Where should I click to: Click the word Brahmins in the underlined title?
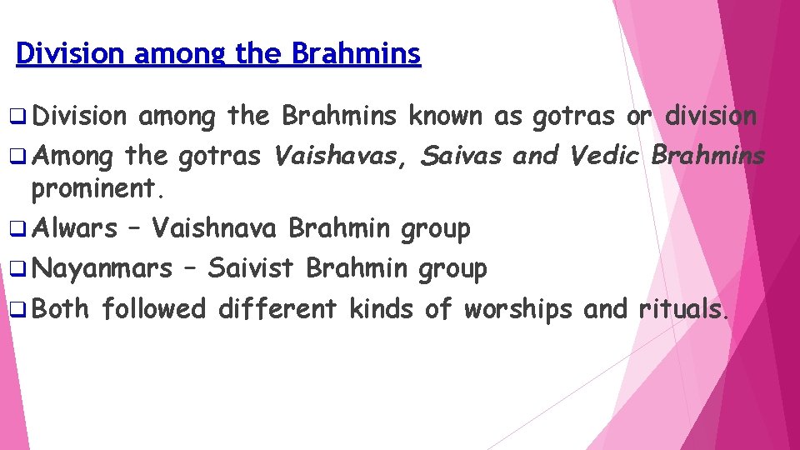tap(357, 54)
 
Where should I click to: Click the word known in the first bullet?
tap(445, 117)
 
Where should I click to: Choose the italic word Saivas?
tap(462, 156)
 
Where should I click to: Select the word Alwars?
tap(77, 228)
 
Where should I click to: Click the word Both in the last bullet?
tap(61, 309)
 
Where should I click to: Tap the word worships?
tap(517, 309)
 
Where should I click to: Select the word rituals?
tap(684, 309)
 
